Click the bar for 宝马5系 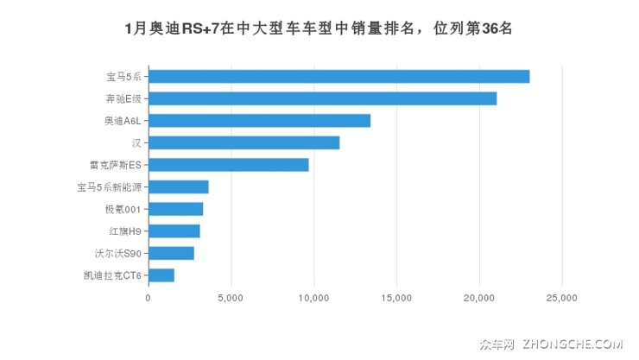point(338,76)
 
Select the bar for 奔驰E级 point(322,98)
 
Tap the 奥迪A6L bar point(259,121)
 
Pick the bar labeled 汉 point(244,142)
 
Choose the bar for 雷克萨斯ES point(228,165)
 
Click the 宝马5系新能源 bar point(178,186)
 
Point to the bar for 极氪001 point(175,209)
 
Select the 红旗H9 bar point(174,231)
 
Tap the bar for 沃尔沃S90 point(171,253)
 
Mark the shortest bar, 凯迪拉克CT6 point(161,275)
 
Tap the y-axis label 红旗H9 point(123,231)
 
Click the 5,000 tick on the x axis point(231,298)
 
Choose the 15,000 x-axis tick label point(396,298)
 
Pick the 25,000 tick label point(562,298)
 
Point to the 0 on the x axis point(148,298)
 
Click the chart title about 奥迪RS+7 point(319,28)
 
